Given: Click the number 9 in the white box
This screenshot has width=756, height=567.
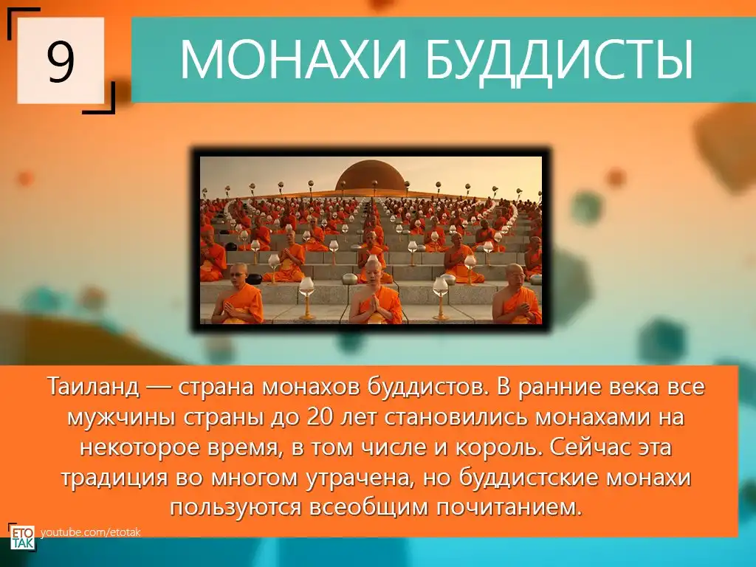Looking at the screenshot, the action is tap(61, 61).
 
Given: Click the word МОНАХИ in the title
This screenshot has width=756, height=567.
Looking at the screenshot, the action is tap(293, 59).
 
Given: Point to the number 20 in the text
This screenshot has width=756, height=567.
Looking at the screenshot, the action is tap(320, 417).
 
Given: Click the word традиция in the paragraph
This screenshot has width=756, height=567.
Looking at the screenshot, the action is tap(114, 478).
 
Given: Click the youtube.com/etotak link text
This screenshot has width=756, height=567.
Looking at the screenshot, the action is tap(91, 532).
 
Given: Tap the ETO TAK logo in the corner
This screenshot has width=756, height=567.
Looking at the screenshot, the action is tap(22, 537).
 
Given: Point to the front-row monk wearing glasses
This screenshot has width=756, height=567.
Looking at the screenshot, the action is tap(238, 294).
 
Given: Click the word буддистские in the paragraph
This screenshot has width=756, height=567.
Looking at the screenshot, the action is tap(527, 478).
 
